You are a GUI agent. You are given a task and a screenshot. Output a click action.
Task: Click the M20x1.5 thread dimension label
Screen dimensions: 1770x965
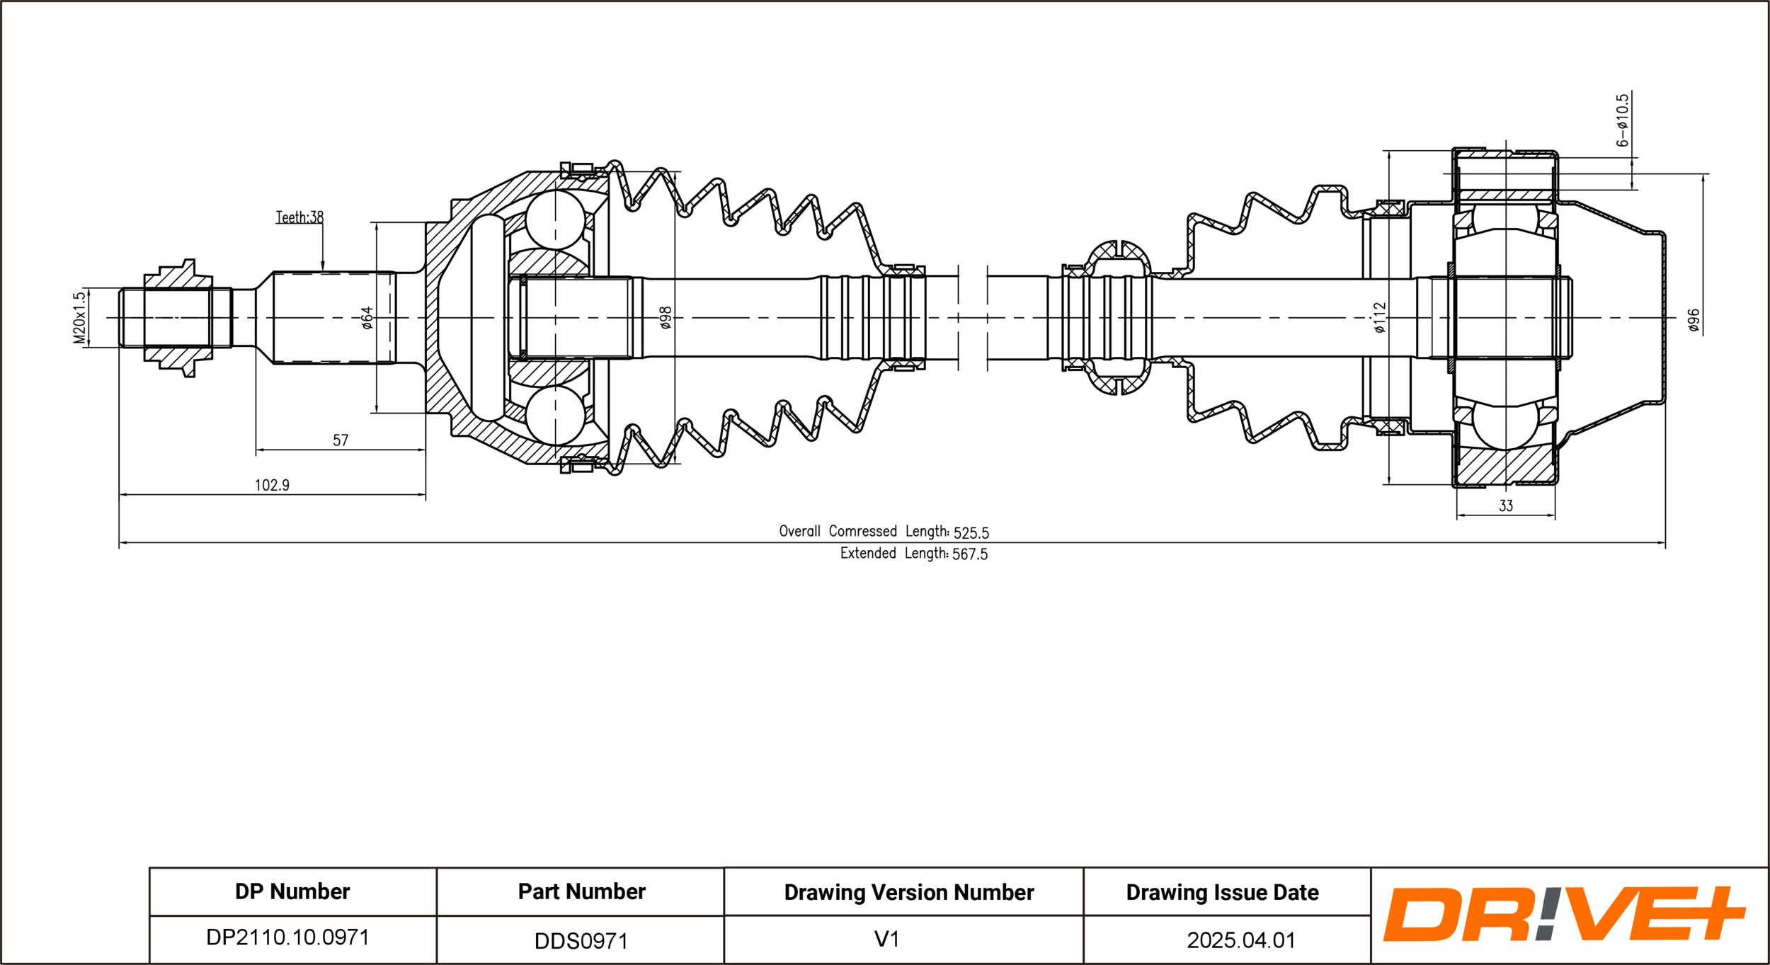(79, 317)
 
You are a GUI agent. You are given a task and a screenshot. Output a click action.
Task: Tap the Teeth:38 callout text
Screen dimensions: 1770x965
(299, 217)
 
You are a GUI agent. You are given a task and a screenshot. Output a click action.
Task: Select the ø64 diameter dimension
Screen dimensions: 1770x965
(367, 318)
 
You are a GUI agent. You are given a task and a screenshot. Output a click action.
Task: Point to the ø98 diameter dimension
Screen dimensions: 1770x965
(665, 318)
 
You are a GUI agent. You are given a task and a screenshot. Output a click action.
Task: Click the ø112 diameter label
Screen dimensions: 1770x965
(1379, 318)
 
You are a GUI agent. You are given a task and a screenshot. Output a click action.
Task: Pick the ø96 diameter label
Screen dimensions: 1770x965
(1693, 320)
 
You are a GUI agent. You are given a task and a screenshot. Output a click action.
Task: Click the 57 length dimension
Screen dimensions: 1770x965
(341, 440)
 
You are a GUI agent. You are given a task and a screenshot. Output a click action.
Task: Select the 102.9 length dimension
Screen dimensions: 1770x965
(273, 485)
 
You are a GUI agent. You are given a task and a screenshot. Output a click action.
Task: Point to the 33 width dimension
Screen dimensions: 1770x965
(1506, 506)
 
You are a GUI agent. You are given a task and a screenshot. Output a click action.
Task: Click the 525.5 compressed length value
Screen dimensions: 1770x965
(971, 532)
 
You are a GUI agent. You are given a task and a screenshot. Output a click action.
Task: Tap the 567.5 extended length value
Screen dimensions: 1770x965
(970, 554)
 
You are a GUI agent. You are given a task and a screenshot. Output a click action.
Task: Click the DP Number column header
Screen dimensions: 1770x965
(292, 891)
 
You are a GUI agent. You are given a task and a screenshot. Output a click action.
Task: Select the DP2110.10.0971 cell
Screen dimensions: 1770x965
(287, 937)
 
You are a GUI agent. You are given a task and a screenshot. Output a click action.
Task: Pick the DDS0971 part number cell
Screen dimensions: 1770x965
(581, 941)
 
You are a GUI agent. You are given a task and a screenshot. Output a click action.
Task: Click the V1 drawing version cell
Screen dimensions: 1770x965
(886, 940)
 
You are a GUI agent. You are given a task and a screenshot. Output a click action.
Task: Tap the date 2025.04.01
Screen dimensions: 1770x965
(1241, 940)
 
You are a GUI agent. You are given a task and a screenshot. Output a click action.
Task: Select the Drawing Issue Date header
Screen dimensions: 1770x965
(1223, 893)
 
